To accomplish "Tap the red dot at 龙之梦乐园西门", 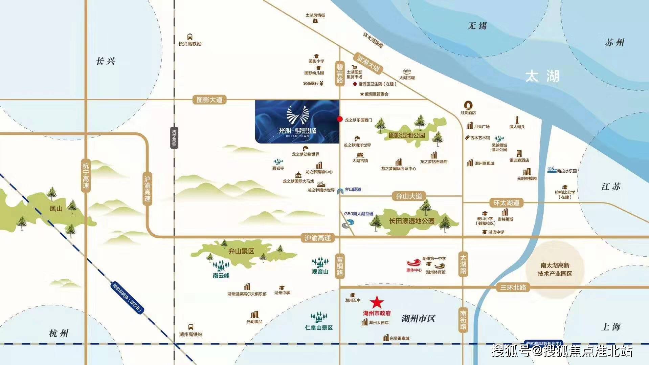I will tap(339, 119).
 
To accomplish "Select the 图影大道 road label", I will tap(209, 100).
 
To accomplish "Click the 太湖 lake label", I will tap(542, 77).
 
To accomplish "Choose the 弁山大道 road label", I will tap(409, 196).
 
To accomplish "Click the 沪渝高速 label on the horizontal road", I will tap(317, 238).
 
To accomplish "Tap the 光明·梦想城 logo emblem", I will tap(297, 115).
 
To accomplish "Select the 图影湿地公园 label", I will tap(407, 135).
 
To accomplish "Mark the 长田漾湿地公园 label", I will tap(411, 221).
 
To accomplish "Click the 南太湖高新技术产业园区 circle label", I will tap(555, 270).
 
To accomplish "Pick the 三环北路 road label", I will tap(513, 287).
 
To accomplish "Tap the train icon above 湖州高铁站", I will tap(191, 327).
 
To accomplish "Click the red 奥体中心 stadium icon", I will tap(413, 263).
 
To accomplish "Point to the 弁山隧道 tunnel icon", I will tap(340, 191).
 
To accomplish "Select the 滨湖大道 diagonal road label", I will tap(368, 63).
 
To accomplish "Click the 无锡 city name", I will tap(477, 26).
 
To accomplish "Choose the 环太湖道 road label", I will tap(506, 203).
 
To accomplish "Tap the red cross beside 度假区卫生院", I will tap(355, 84).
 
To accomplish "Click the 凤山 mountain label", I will tap(56, 209).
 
